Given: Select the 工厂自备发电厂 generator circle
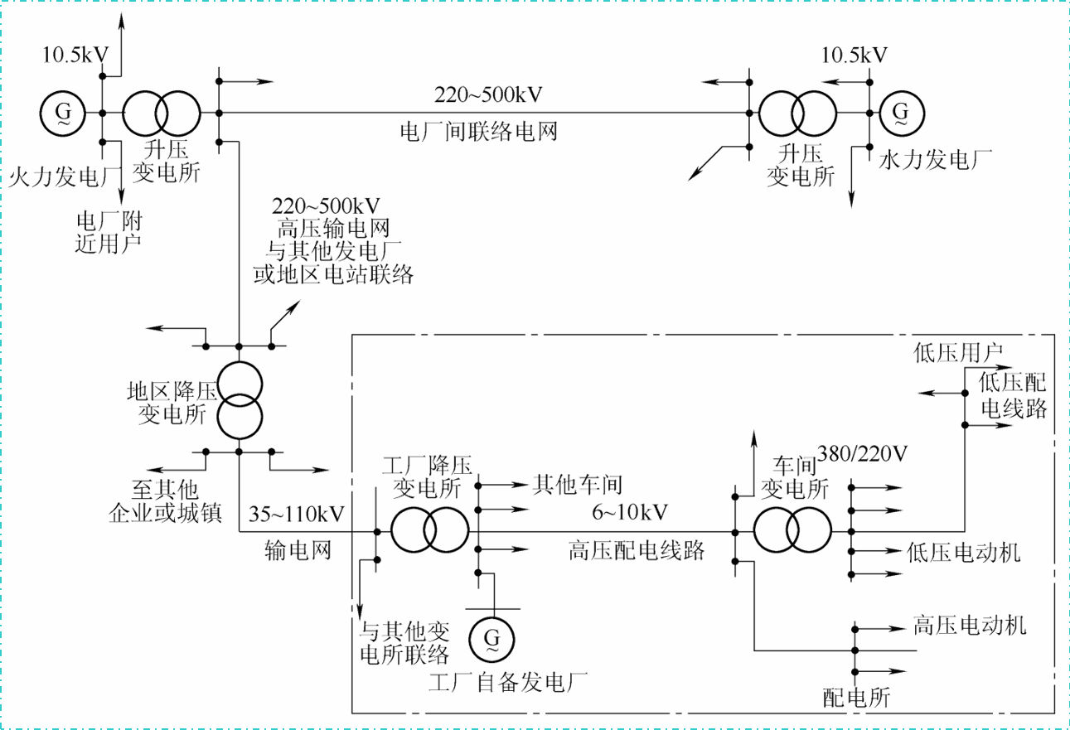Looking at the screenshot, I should click(491, 637).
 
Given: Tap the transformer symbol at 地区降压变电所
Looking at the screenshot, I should click(239, 400).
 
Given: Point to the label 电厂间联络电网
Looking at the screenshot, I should click(477, 131).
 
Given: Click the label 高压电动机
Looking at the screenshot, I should click(969, 625).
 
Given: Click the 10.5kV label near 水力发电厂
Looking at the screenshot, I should click(854, 56).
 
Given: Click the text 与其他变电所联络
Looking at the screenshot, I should click(404, 644).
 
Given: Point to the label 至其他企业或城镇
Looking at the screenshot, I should click(166, 501).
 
